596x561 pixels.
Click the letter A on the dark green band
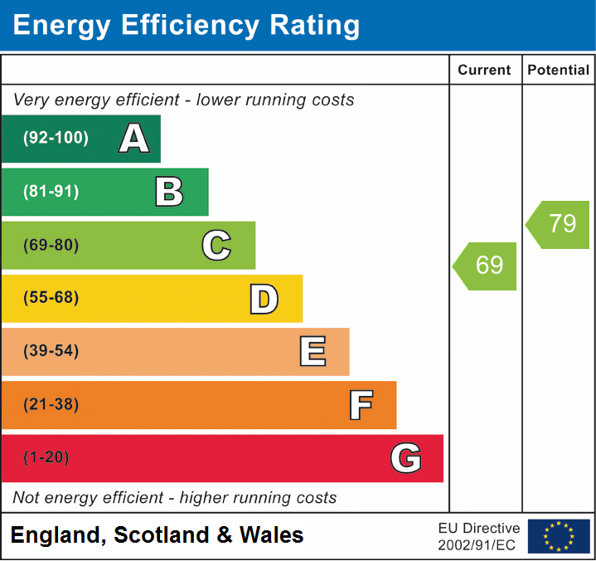[x=134, y=139]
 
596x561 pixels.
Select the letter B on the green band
[x=169, y=192]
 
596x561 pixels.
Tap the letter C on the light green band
[x=216, y=245]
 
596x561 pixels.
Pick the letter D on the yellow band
[x=264, y=299]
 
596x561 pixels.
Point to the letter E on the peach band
[x=312, y=352]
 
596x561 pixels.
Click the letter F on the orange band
[x=360, y=405]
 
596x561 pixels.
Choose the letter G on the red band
[x=406, y=458]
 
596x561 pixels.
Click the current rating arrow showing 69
[x=487, y=266]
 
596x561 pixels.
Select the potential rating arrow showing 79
[x=560, y=224]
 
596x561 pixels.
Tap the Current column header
[x=485, y=71]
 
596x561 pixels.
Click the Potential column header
[x=559, y=71]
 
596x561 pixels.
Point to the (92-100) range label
[x=56, y=139]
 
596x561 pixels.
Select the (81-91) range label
[x=51, y=192]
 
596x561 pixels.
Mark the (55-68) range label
[x=51, y=298]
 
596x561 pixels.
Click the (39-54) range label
[x=51, y=351]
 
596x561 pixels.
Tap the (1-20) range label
[x=46, y=457]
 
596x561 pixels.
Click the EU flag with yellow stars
[x=559, y=536]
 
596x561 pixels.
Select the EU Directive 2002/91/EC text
[x=478, y=536]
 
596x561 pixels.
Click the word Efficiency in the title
[x=177, y=26]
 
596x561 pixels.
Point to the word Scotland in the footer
[x=162, y=535]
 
